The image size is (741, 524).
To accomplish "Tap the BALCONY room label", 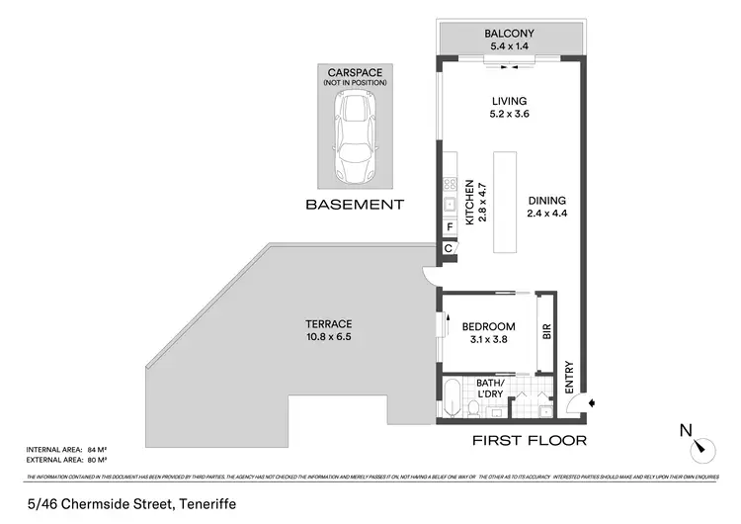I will coord(509,31).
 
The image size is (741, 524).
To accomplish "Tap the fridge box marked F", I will coord(450,226).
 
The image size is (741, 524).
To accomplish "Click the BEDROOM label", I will coord(488,327).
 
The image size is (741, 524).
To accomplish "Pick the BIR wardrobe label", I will coord(545,333).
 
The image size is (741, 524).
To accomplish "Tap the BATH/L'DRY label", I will coord(490,389).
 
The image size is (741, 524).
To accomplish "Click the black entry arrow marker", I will coord(591,403).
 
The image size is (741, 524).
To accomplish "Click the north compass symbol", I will coord(702,447).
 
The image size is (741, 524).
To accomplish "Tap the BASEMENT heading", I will coord(354,205).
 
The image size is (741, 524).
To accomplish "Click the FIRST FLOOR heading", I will coord(530,440).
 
